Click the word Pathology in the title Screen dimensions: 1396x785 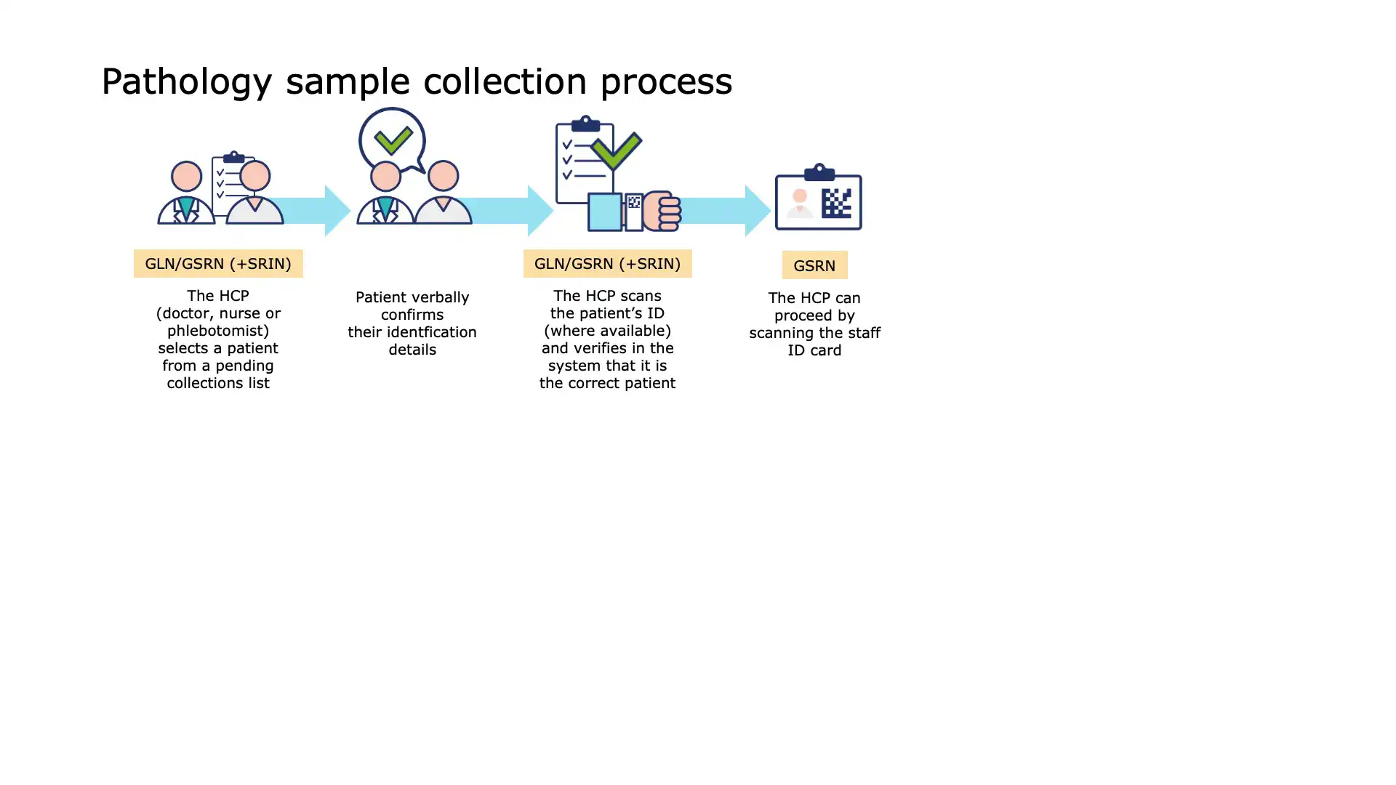pyautogui.click(x=187, y=81)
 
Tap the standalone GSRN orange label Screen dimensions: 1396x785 pyautogui.click(x=814, y=265)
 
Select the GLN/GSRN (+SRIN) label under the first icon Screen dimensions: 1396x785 pyautogui.click(x=218, y=263)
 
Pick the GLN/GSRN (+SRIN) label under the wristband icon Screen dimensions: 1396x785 pyautogui.click(x=607, y=263)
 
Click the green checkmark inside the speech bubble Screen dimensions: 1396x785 pyautogui.click(x=393, y=140)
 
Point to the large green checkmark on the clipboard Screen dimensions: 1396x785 pyautogui.click(x=616, y=150)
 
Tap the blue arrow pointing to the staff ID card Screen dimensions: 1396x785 pyautogui.click(x=726, y=211)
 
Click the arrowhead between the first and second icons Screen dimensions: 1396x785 pyautogui.click(x=337, y=211)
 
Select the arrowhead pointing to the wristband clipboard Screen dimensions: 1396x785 pyautogui.click(x=540, y=211)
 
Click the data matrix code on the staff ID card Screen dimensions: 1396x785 pyautogui.click(x=836, y=203)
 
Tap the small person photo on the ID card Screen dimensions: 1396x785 pyautogui.click(x=799, y=203)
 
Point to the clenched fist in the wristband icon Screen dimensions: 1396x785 pyautogui.click(x=662, y=211)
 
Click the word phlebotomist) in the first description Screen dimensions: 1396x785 pyautogui.click(x=218, y=331)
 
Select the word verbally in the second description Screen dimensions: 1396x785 pyautogui.click(x=441, y=297)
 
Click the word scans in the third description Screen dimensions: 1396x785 pyautogui.click(x=641, y=296)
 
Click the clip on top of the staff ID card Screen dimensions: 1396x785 pyautogui.click(x=819, y=172)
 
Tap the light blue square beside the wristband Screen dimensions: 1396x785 pyautogui.click(x=604, y=212)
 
